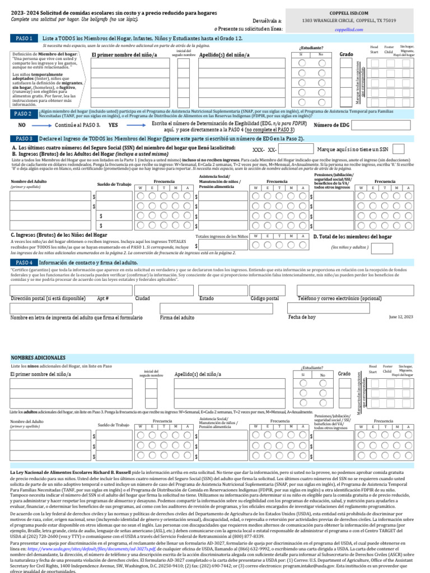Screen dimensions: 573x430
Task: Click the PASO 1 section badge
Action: point(24,38)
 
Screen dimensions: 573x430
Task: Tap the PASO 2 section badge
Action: point(24,114)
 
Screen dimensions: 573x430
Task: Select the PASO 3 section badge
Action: point(24,138)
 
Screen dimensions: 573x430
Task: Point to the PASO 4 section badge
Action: point(24,262)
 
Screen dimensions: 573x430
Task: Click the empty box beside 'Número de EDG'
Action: point(386,125)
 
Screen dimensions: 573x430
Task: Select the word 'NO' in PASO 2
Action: point(22,125)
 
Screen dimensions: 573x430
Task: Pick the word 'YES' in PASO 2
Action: point(113,125)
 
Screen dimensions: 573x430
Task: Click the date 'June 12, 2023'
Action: point(401,317)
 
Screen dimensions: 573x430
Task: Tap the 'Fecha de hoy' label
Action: point(302,317)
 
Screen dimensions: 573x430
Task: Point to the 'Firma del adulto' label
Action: point(177,318)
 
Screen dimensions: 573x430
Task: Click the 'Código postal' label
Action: point(264,298)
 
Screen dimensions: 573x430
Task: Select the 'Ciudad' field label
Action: point(143,298)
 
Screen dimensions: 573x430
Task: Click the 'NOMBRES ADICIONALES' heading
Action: point(38,357)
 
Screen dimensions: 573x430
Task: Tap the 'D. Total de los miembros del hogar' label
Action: point(352,237)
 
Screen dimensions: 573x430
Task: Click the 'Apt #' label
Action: point(102,298)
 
